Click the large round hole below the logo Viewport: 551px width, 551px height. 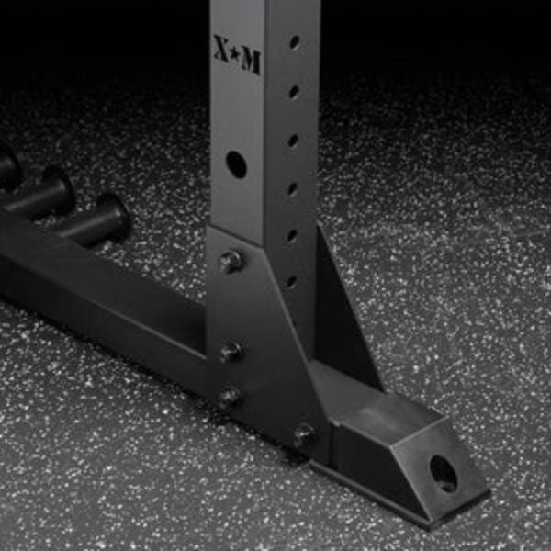pyautogui.click(x=236, y=164)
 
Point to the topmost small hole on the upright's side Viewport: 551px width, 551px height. pyautogui.click(x=295, y=42)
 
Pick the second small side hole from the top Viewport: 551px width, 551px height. pyautogui.click(x=294, y=91)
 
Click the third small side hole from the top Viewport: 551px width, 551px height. pyautogui.click(x=293, y=141)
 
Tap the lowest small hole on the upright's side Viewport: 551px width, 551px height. pyautogui.click(x=290, y=281)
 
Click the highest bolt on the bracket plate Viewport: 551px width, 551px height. pyautogui.click(x=230, y=262)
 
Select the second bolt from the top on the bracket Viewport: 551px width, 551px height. pyautogui.click(x=231, y=351)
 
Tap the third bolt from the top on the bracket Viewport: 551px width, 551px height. pyautogui.click(x=229, y=397)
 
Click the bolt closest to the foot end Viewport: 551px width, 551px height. pyautogui.click(x=303, y=434)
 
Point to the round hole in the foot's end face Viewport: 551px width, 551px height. pyautogui.click(x=444, y=473)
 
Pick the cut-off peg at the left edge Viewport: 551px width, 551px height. pyautogui.click(x=7, y=166)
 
